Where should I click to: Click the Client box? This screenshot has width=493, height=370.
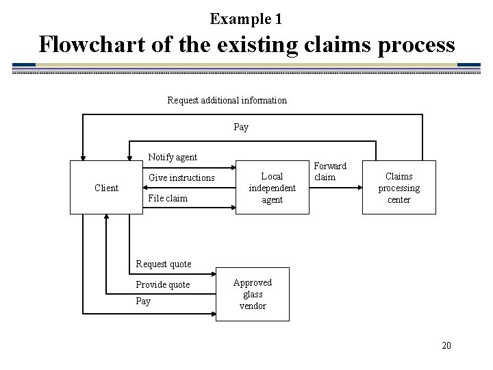pos(106,188)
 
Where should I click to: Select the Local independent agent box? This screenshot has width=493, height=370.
pos(272,188)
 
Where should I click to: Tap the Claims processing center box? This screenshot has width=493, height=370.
pos(399,188)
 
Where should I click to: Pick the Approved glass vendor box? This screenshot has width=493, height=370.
pos(252,294)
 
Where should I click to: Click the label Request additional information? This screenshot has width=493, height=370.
pos(227,100)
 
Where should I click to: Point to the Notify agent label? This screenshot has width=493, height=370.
pos(173,158)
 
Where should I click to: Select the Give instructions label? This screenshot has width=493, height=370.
pos(181,178)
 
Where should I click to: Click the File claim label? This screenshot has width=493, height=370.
pos(168,199)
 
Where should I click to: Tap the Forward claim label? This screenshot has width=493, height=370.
pos(329,171)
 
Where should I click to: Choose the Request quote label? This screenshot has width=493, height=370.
pos(164,264)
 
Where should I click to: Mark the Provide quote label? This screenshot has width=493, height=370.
pos(163,284)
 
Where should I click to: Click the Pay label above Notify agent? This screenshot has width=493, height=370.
pos(241,127)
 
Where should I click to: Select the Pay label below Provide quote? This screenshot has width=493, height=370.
pos(143,301)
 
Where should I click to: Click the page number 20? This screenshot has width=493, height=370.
pos(446,345)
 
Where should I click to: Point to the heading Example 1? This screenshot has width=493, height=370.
pos(246,19)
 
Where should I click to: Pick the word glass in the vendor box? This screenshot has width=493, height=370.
pos(252,294)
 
